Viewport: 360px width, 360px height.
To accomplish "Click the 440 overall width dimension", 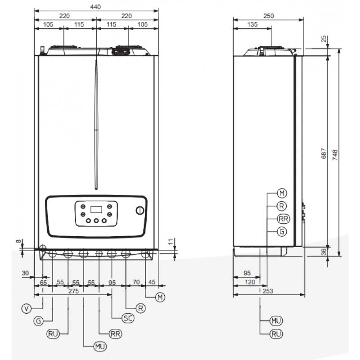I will pyautogui.click(x=95, y=7).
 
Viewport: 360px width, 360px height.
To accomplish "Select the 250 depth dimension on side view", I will pyautogui.click(x=269, y=16).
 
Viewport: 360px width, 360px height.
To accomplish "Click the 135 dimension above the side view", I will pyautogui.click(x=252, y=25).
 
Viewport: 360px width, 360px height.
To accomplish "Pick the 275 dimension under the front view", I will pyautogui.click(x=73, y=292).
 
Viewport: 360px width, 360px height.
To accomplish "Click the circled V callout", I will pyautogui.click(x=27, y=308).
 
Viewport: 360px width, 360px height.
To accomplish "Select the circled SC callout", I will pyautogui.click(x=128, y=318).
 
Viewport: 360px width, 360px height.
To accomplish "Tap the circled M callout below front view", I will pyautogui.click(x=159, y=297).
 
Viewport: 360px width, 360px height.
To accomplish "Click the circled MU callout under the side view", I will pyautogui.click(x=276, y=320).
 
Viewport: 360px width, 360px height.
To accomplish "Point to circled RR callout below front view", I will pyautogui.click(x=115, y=333).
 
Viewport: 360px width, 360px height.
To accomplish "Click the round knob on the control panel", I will pyautogui.click(x=140, y=211).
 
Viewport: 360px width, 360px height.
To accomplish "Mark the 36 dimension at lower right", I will pyautogui.click(x=324, y=252).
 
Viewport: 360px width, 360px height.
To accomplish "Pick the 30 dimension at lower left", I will pyautogui.click(x=25, y=273).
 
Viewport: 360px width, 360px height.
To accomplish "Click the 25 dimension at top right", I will pyautogui.click(x=324, y=39).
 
